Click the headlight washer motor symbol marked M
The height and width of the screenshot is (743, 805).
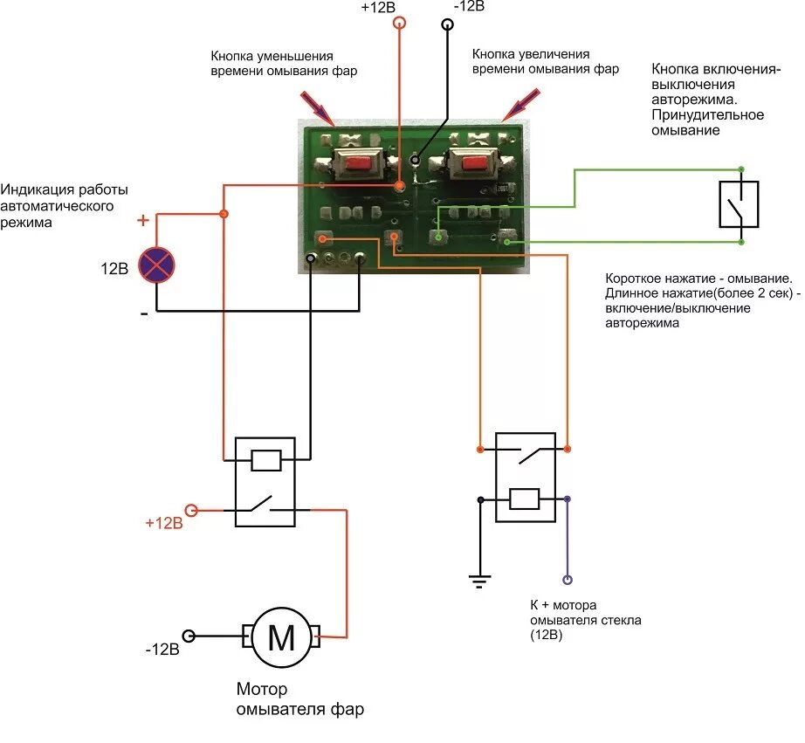pyautogui.click(x=281, y=636)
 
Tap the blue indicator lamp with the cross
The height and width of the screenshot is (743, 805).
pyautogui.click(x=156, y=265)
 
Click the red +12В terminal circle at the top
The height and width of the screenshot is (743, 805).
pyautogui.click(x=399, y=23)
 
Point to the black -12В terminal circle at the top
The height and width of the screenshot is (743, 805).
pyautogui.click(x=448, y=24)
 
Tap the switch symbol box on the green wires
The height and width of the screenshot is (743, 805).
pyautogui.click(x=739, y=203)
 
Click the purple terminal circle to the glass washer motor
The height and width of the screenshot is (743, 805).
pyautogui.click(x=568, y=580)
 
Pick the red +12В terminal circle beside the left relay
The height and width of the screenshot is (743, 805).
pyautogui.click(x=191, y=510)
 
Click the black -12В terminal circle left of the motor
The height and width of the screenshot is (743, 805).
pyautogui.click(x=189, y=636)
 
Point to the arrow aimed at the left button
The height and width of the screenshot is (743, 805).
pyautogui.click(x=318, y=108)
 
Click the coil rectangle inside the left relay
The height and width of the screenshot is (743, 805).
pyautogui.click(x=266, y=460)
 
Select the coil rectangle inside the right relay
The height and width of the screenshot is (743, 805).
pyautogui.click(x=524, y=499)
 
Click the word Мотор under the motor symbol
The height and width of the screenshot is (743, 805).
pyautogui.click(x=262, y=689)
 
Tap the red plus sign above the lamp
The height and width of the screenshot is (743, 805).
pyautogui.click(x=142, y=220)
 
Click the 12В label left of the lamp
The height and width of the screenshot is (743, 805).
pyautogui.click(x=114, y=269)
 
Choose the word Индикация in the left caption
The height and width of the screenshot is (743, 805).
pyautogui.click(x=38, y=190)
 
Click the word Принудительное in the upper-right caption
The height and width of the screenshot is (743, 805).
pyautogui.click(x=707, y=115)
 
